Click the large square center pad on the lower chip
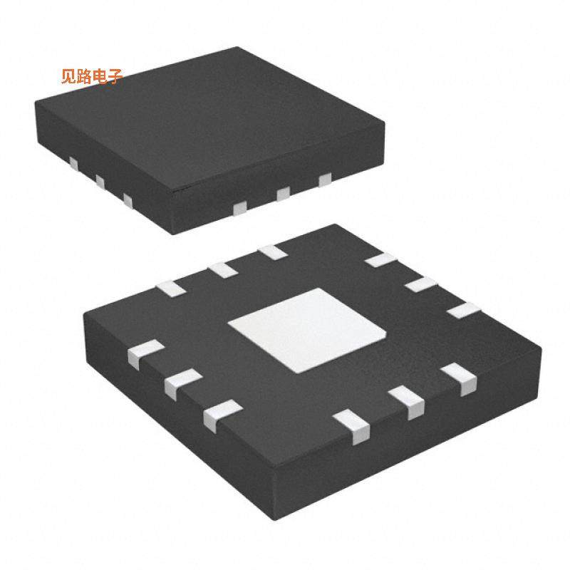[x=306, y=330]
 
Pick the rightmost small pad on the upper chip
[x=325, y=180]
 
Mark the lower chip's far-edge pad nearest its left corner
[x=170, y=289]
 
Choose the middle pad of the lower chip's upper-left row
[x=222, y=269]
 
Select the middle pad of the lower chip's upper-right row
[x=421, y=284]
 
